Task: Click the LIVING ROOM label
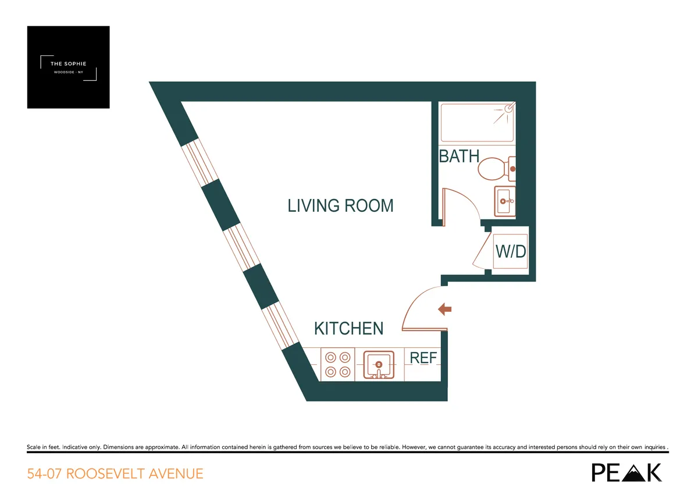click(340, 205)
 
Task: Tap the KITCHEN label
click(348, 328)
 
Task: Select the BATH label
click(459, 156)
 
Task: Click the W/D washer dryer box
click(510, 251)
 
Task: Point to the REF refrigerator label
click(423, 358)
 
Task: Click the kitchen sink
click(379, 365)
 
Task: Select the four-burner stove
click(338, 365)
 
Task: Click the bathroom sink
click(504, 201)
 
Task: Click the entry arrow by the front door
click(444, 310)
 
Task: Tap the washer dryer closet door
click(484, 250)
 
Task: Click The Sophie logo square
click(68, 67)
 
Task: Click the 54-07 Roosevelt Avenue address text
click(115, 474)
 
